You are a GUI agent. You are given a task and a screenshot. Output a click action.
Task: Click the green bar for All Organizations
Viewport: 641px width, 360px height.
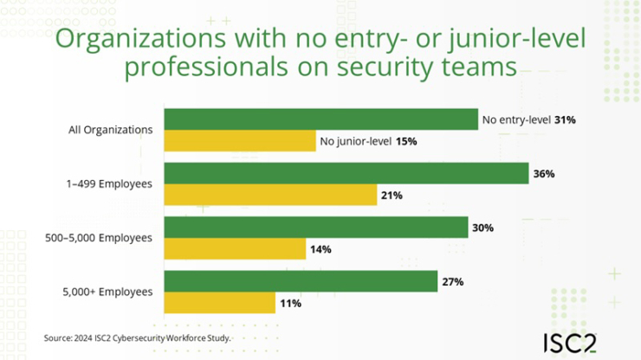(x=320, y=119)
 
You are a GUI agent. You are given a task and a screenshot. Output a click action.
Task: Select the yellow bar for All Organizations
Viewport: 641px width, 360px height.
(x=240, y=141)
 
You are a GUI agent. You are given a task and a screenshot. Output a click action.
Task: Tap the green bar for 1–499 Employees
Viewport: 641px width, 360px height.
(x=346, y=173)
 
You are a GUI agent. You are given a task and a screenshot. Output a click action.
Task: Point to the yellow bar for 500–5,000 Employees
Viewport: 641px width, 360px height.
(x=235, y=249)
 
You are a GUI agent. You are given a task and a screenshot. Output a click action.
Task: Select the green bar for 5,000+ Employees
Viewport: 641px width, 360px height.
(x=301, y=282)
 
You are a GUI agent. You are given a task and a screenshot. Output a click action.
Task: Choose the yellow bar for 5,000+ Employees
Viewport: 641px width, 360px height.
(x=219, y=304)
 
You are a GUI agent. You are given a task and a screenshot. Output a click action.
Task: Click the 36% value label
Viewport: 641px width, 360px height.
(x=544, y=174)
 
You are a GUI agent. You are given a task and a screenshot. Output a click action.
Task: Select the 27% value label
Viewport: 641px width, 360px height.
(x=452, y=282)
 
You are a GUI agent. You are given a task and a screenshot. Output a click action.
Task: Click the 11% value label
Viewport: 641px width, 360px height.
(x=289, y=304)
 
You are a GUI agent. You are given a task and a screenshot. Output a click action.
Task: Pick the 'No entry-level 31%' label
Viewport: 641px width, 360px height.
(x=529, y=120)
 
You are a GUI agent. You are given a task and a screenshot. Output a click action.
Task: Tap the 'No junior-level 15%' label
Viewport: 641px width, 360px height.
(x=368, y=141)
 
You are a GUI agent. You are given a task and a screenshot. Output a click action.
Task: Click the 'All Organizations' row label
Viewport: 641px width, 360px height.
(x=111, y=131)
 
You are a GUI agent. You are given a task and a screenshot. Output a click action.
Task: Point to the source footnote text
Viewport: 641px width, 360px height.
(x=136, y=337)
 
